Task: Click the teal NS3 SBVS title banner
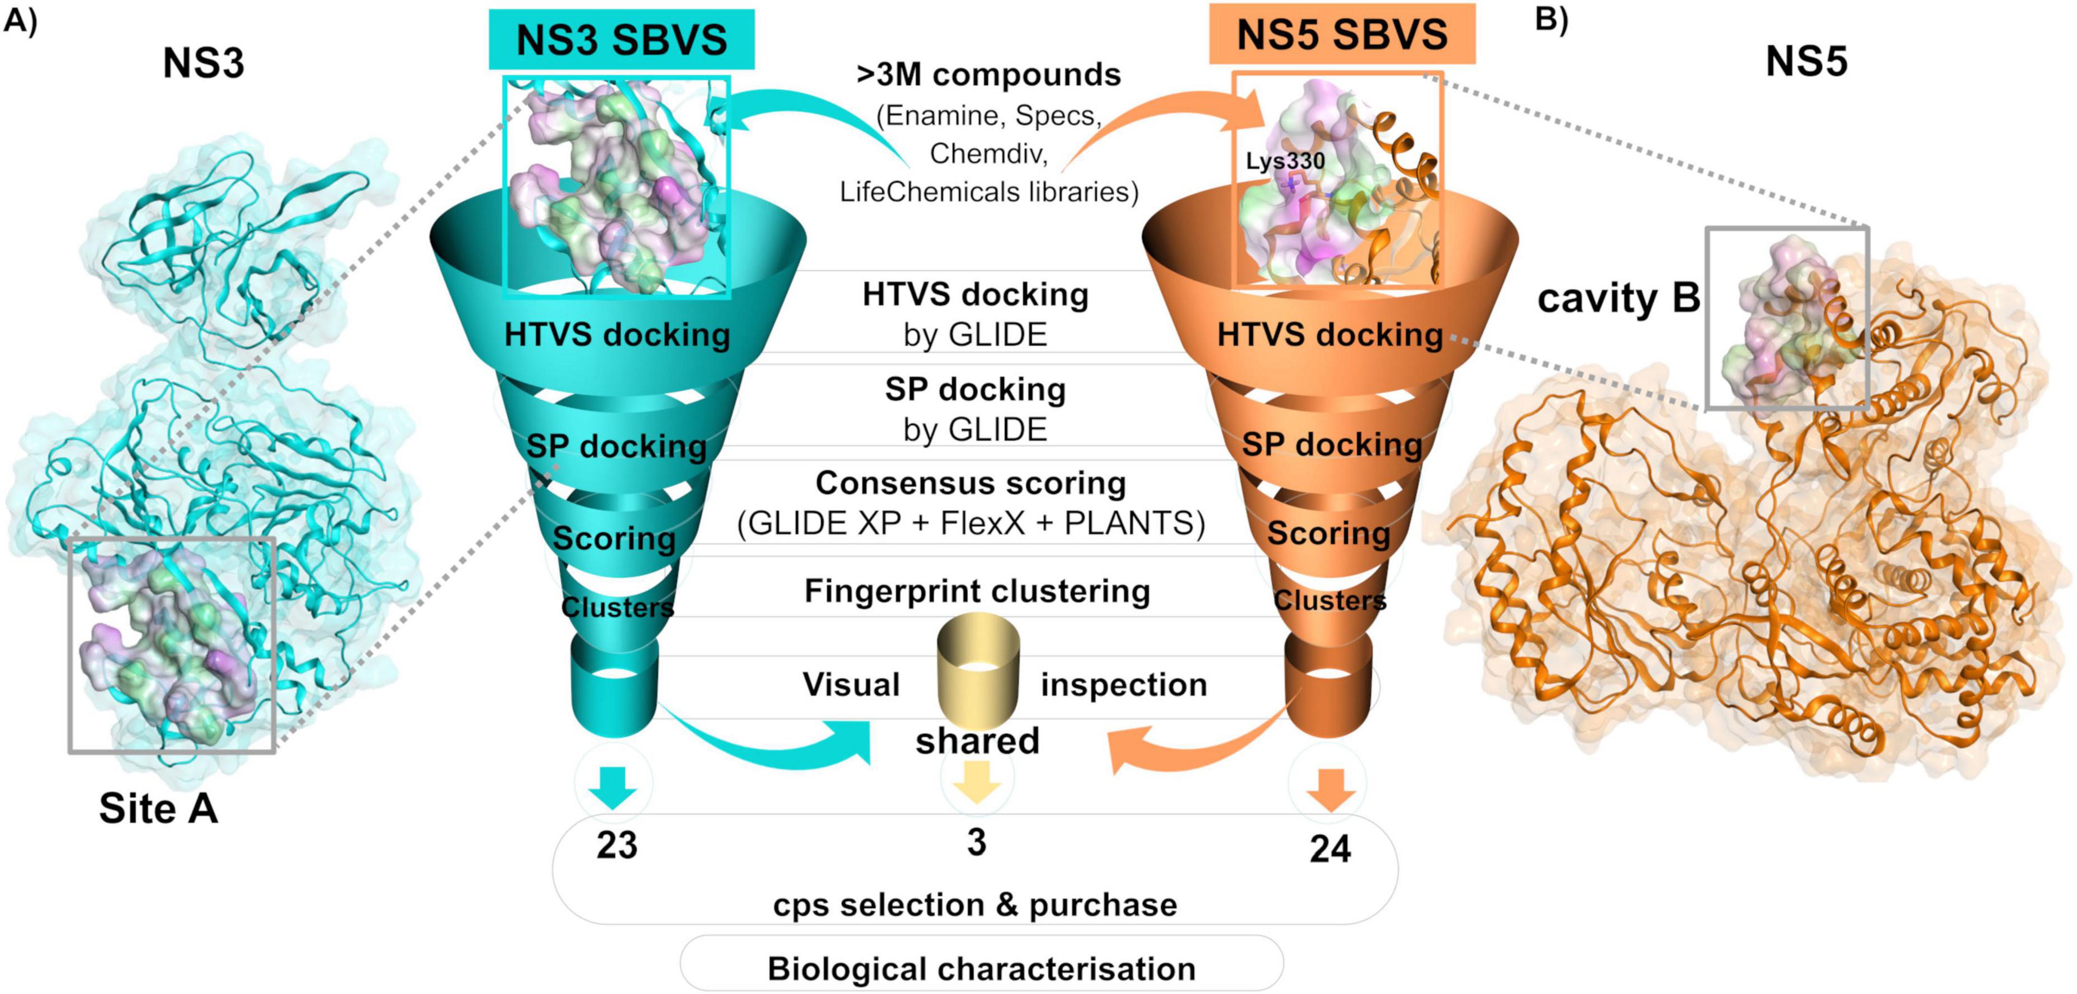coord(621,39)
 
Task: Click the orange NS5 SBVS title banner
coord(1342,35)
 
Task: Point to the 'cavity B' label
coord(1618,298)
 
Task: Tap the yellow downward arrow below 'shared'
coord(977,783)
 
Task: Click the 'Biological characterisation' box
coord(981,968)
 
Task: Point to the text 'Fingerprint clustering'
coord(977,591)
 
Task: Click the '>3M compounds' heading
coord(989,74)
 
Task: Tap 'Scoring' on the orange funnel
coord(1328,533)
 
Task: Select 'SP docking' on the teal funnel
coord(617,446)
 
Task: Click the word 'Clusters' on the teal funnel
coord(617,607)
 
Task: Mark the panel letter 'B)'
coord(1552,18)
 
